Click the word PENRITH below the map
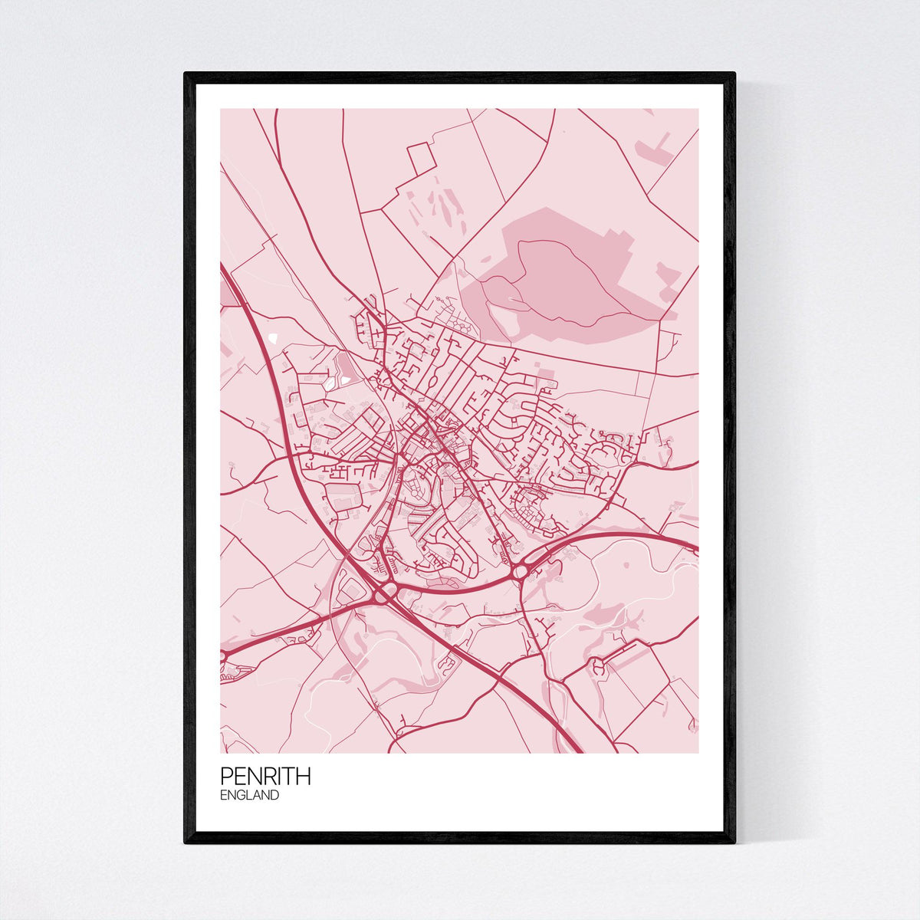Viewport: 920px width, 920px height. click(265, 776)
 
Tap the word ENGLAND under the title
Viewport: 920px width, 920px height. click(249, 796)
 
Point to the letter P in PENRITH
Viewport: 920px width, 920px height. click(226, 776)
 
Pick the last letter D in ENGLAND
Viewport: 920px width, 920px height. click(274, 796)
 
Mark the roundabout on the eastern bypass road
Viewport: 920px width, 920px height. click(522, 571)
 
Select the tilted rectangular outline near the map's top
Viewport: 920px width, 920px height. click(421, 159)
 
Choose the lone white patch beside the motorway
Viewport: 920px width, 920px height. click(274, 337)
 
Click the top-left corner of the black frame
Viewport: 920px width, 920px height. click(186, 74)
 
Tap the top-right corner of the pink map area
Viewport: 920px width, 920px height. click(698, 109)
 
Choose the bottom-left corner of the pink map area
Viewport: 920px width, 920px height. click(221, 752)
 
